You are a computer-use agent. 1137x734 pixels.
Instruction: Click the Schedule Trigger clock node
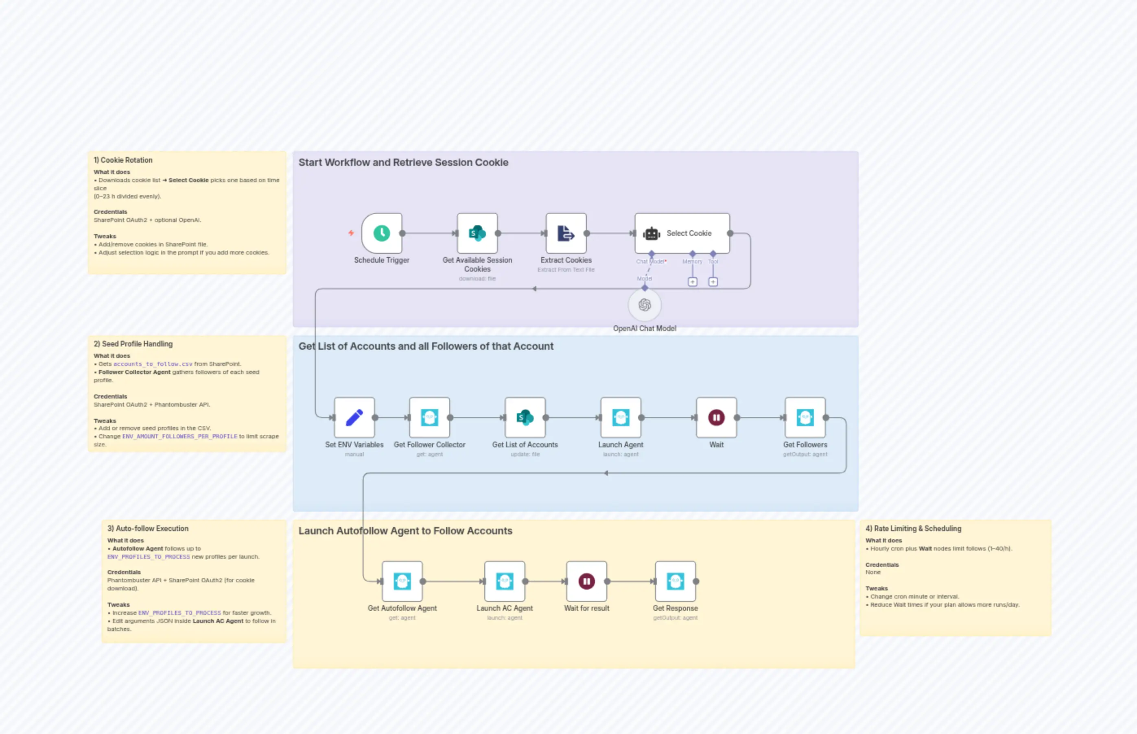(382, 233)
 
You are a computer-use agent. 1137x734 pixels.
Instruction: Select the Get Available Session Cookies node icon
(477, 233)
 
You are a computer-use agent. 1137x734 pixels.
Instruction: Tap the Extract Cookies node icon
(566, 233)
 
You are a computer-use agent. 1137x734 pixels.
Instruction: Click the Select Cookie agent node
(682, 233)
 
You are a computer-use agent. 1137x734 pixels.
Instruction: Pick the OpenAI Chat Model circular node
(644, 305)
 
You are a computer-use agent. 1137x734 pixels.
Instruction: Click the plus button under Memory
(692, 282)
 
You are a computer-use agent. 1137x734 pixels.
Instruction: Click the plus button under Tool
(713, 282)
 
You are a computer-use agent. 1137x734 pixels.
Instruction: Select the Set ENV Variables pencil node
(354, 418)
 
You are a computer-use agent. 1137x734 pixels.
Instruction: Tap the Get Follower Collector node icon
(429, 418)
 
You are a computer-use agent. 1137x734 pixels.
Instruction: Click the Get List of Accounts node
(525, 418)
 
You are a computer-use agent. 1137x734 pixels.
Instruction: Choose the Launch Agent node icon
(621, 418)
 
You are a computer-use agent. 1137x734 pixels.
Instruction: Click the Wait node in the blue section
(716, 418)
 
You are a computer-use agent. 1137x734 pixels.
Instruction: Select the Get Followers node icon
(805, 418)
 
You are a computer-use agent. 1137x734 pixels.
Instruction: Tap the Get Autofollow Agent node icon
(402, 581)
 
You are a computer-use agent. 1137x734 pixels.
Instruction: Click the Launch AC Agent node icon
(505, 581)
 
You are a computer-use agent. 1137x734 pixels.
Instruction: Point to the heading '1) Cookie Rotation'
(123, 160)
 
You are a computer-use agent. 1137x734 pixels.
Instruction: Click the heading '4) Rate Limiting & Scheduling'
(913, 528)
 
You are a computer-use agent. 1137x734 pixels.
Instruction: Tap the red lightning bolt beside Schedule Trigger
(351, 233)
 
